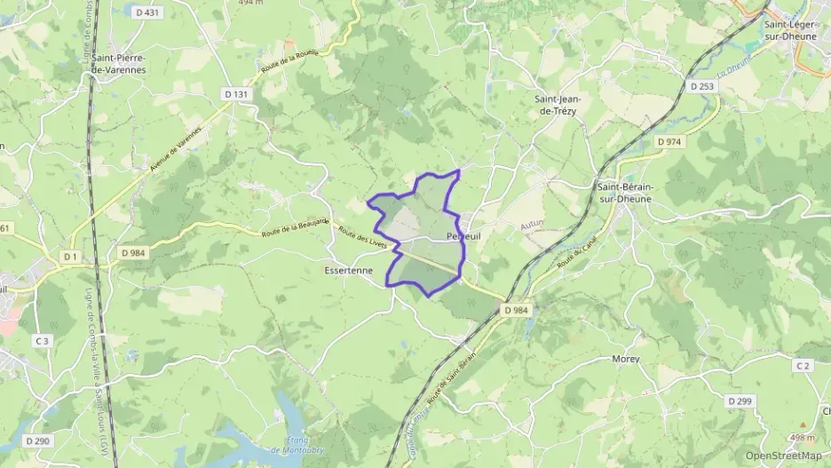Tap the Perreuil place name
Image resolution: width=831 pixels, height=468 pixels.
tap(464, 237)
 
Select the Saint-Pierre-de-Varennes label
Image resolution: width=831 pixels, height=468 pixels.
tap(118, 63)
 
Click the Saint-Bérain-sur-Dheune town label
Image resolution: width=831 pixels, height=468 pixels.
tap(625, 193)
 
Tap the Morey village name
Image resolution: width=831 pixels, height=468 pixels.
tap(626, 360)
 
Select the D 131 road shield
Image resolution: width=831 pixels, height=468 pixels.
tap(236, 93)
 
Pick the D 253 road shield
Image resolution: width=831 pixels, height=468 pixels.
tap(701, 86)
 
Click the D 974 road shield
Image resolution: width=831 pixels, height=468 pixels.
tap(670, 141)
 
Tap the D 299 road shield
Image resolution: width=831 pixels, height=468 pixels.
tap(740, 401)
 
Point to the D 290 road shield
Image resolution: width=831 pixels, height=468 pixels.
tap(37, 440)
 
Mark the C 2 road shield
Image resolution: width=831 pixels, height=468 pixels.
tap(803, 366)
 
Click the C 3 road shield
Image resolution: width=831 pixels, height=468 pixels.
tap(42, 340)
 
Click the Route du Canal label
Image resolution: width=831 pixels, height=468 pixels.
tap(575, 257)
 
